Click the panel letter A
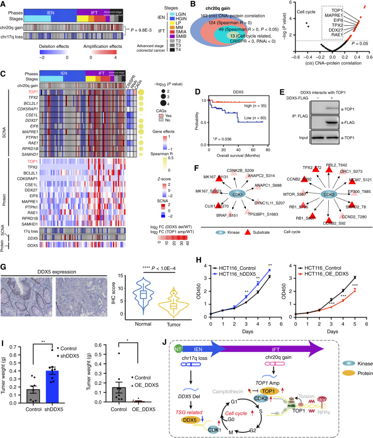4,4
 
